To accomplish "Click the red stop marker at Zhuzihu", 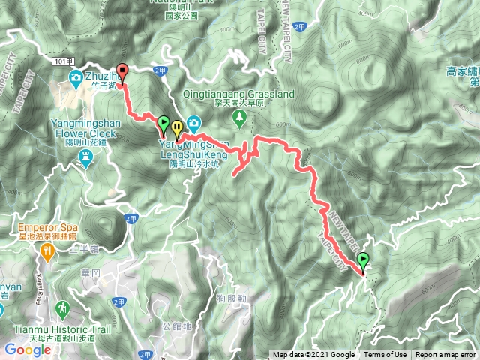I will (x=123, y=73).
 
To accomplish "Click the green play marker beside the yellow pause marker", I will (x=163, y=122).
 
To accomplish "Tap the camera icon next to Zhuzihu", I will (x=76, y=77).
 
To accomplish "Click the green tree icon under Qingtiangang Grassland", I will (x=239, y=116).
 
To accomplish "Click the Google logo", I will (x=27, y=349).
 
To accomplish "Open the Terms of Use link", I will (x=385, y=355).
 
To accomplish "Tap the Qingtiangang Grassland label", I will (x=239, y=94).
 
